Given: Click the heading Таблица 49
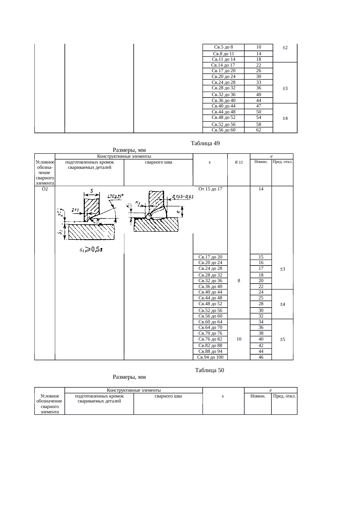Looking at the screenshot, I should (x=205, y=143).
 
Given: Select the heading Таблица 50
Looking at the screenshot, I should (x=209, y=370).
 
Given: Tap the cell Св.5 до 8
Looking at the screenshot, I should (x=223, y=47).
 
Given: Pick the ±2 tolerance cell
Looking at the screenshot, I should (x=285, y=47).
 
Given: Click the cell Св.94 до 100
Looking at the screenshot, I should (x=210, y=357).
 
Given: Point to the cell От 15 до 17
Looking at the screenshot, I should (x=210, y=189).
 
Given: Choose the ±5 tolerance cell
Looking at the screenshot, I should (x=282, y=339).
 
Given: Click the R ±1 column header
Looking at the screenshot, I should (x=239, y=162).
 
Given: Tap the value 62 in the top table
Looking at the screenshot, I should (x=258, y=130).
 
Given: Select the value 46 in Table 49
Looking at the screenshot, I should (x=261, y=357).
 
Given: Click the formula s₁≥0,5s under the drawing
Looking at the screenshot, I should (x=91, y=249).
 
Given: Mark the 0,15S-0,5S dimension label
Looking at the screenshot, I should (x=183, y=196).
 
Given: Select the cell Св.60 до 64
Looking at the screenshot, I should (x=210, y=322).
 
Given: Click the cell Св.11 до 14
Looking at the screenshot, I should (x=223, y=59).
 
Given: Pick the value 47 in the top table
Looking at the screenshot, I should (x=258, y=106).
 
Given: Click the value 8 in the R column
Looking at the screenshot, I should (x=239, y=281).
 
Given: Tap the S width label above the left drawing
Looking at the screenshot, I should (x=92, y=191).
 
